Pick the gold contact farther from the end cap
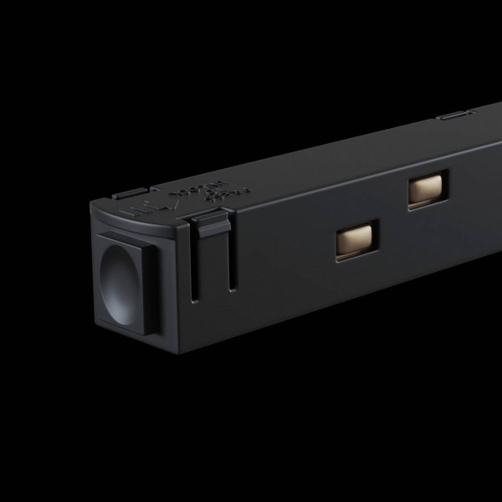coord(427,192)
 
